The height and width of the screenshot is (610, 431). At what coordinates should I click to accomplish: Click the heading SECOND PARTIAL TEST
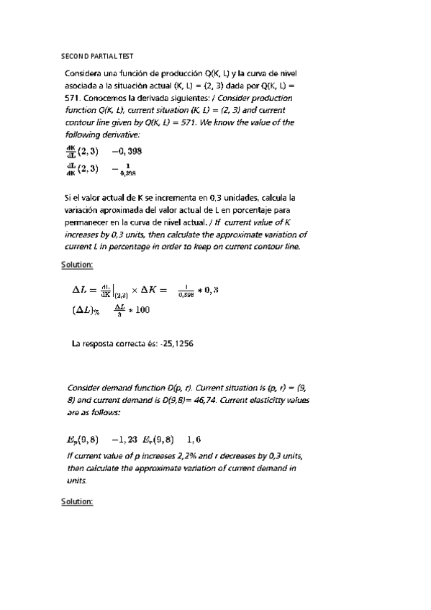coord(97,55)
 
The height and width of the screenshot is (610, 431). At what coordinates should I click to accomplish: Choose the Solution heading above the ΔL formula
coord(78,265)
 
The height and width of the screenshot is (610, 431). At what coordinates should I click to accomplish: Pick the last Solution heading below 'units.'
coord(78,501)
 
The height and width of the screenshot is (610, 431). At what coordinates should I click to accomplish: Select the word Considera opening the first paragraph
coord(88,74)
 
